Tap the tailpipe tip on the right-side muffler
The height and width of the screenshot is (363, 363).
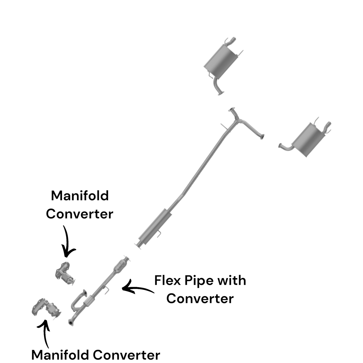pyautogui.click(x=329, y=125)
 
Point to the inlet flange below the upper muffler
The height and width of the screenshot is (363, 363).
pyautogui.click(x=221, y=94)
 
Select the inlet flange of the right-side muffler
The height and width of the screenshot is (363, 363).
pyautogui.click(x=280, y=146)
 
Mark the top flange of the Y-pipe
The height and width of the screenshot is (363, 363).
pyautogui.click(x=232, y=109)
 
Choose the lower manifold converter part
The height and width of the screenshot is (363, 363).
pyautogui.click(x=46, y=308)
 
